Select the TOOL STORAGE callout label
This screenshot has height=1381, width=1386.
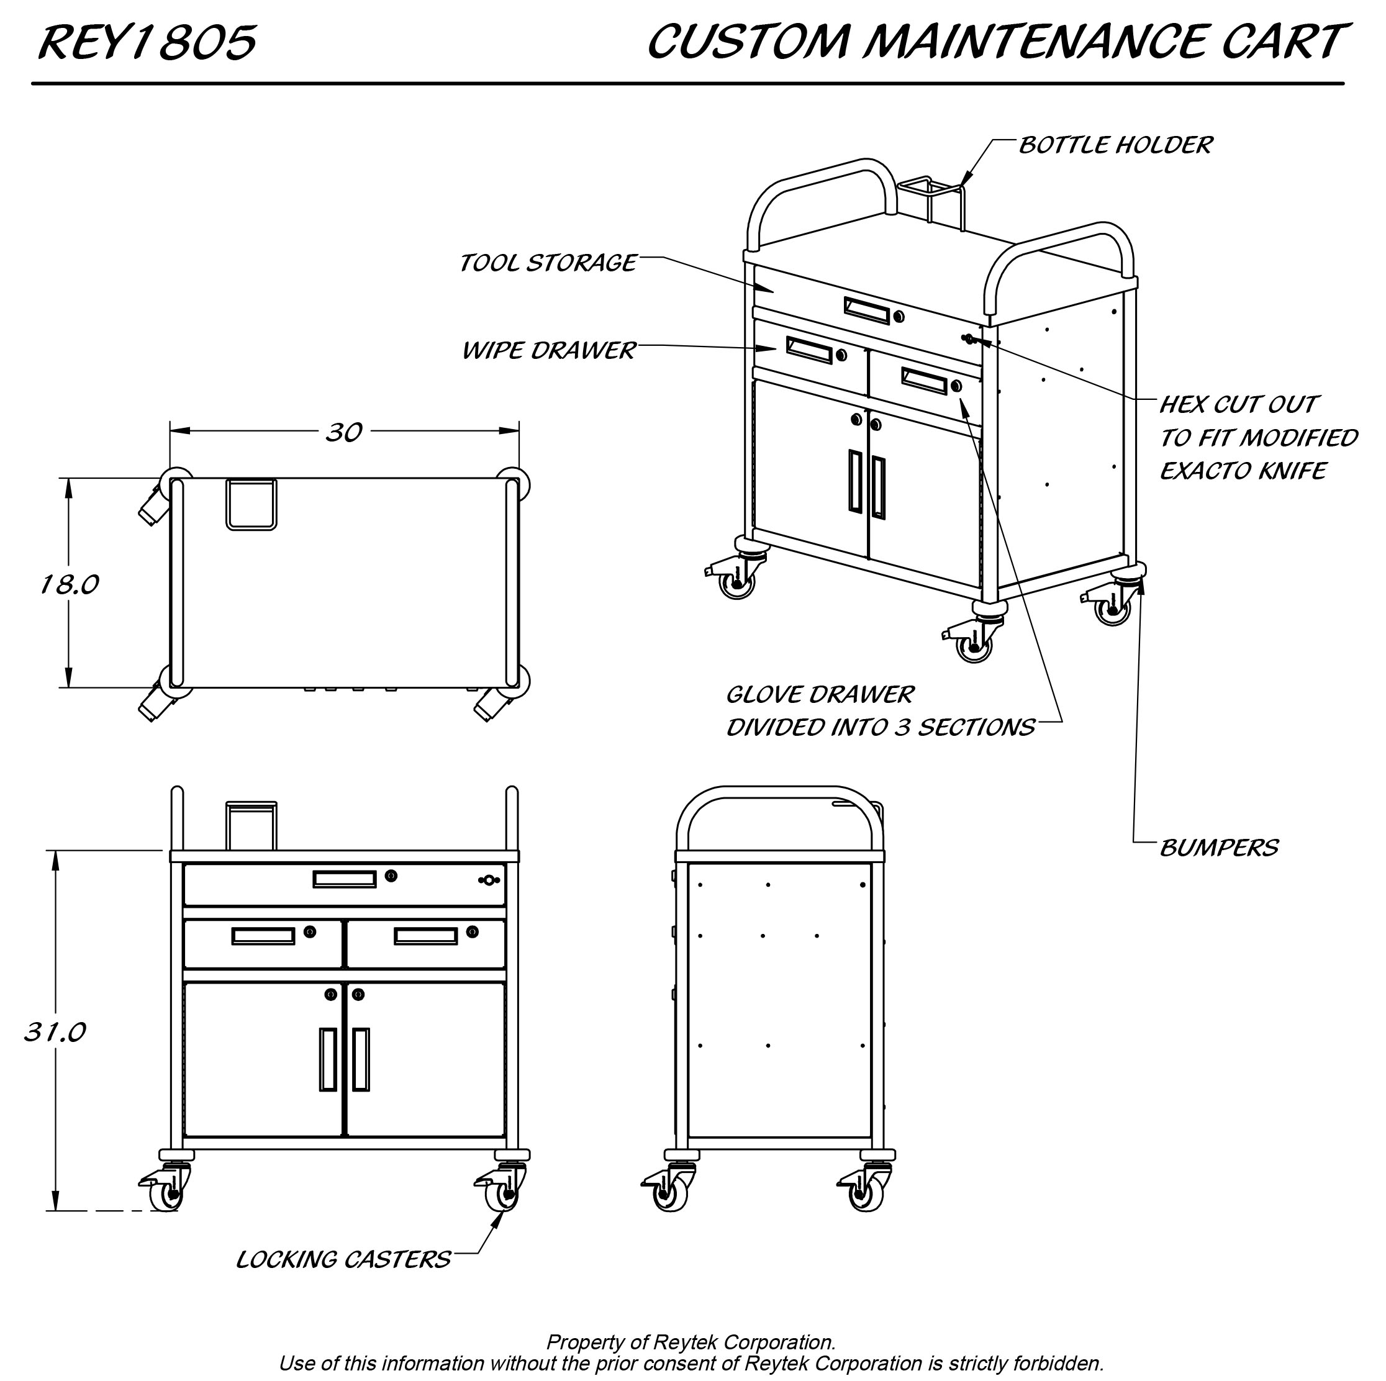[x=546, y=263]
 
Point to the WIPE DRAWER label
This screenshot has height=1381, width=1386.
[x=548, y=350]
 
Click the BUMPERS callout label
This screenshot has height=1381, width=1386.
[x=1218, y=848]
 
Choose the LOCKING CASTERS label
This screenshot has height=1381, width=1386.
[x=343, y=1259]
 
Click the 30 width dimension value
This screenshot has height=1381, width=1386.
[x=343, y=432]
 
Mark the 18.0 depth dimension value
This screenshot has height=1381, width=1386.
[x=69, y=585]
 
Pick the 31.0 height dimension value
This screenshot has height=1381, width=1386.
[x=55, y=1031]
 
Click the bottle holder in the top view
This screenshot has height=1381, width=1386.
[x=251, y=504]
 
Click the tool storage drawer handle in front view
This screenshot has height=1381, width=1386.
[x=345, y=879]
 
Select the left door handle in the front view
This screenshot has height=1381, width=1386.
[x=328, y=1059]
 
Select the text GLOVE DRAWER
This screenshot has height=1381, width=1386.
[x=819, y=694]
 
